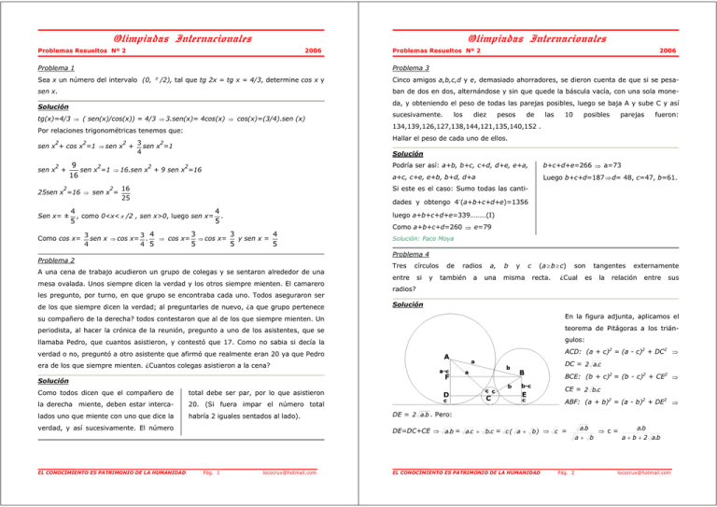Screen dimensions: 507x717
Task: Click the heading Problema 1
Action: (58, 69)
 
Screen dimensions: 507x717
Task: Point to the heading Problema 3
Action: (417, 69)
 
